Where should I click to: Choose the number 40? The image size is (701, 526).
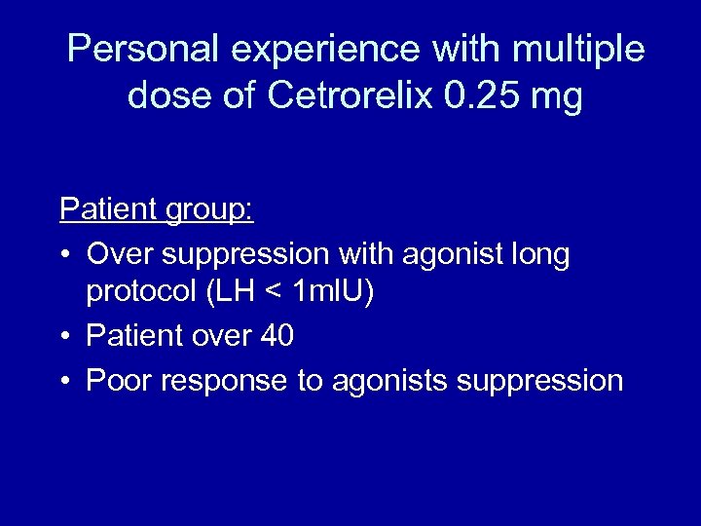[277, 336]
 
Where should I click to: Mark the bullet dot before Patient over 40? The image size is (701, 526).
[65, 337]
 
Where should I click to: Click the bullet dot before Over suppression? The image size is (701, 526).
[65, 255]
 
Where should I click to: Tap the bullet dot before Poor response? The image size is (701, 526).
[65, 381]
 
